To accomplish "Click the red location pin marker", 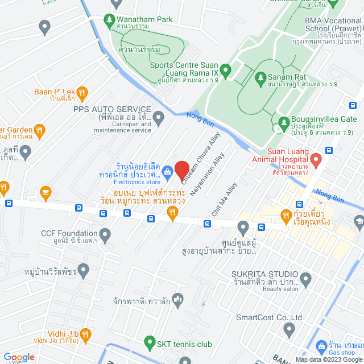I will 182,169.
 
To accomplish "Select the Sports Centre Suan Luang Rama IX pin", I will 225,72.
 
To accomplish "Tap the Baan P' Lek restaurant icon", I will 82,92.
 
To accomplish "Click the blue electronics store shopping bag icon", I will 168,171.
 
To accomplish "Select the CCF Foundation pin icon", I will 105,233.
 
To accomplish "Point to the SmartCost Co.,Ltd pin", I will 289,329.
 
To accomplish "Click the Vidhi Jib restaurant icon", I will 86,333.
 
